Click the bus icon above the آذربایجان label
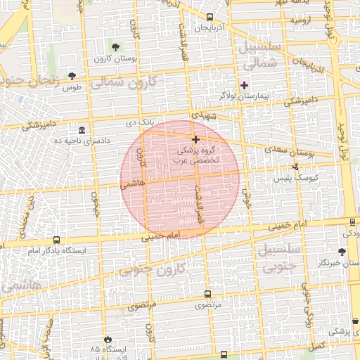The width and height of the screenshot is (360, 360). pyautogui.click(x=210, y=17)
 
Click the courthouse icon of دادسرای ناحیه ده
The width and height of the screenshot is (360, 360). pyautogui.click(x=82, y=131)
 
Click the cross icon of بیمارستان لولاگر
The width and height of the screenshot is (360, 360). pyautogui.click(x=244, y=85)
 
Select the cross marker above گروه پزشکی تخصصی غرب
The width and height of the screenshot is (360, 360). pyautogui.click(x=195, y=140)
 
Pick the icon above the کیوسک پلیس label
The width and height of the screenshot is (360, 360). pyautogui.click(x=295, y=167)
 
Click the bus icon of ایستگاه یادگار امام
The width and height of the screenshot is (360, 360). pyautogui.click(x=56, y=240)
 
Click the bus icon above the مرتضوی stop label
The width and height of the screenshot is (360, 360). pyautogui.click(x=207, y=294)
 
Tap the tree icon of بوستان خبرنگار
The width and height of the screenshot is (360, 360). pyautogui.click(x=342, y=252)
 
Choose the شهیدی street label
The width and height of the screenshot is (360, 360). pyautogui.click(x=215, y=114)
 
